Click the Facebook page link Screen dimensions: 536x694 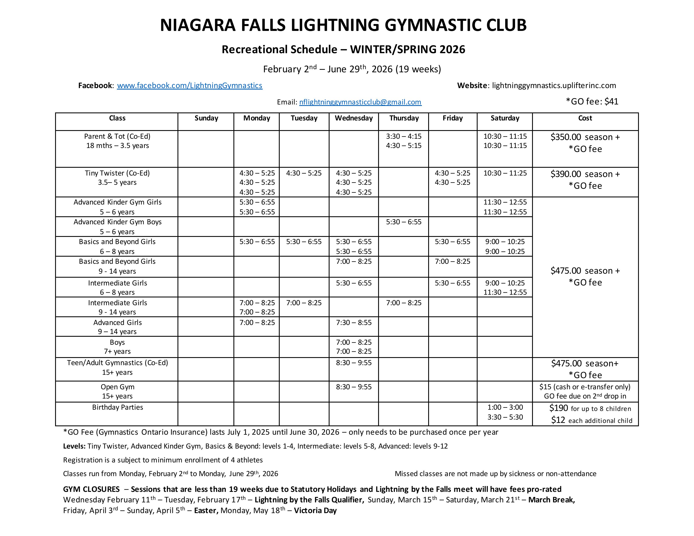(x=190, y=85)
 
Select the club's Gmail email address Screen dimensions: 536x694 (x=360, y=102)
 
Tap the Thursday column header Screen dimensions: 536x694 (x=404, y=118)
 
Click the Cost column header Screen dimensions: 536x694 (x=585, y=118)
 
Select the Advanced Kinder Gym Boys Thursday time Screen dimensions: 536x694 (x=404, y=222)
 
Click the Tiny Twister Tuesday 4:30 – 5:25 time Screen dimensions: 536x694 (x=304, y=173)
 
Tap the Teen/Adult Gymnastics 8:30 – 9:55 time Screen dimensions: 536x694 (x=354, y=363)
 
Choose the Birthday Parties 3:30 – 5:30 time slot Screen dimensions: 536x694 (x=505, y=417)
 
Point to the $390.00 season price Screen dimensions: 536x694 (x=566, y=174)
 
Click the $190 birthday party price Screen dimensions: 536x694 (x=558, y=408)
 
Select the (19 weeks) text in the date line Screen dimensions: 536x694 (x=418, y=69)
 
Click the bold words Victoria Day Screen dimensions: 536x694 (x=315, y=510)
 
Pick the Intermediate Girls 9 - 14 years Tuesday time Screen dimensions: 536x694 (x=304, y=303)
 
